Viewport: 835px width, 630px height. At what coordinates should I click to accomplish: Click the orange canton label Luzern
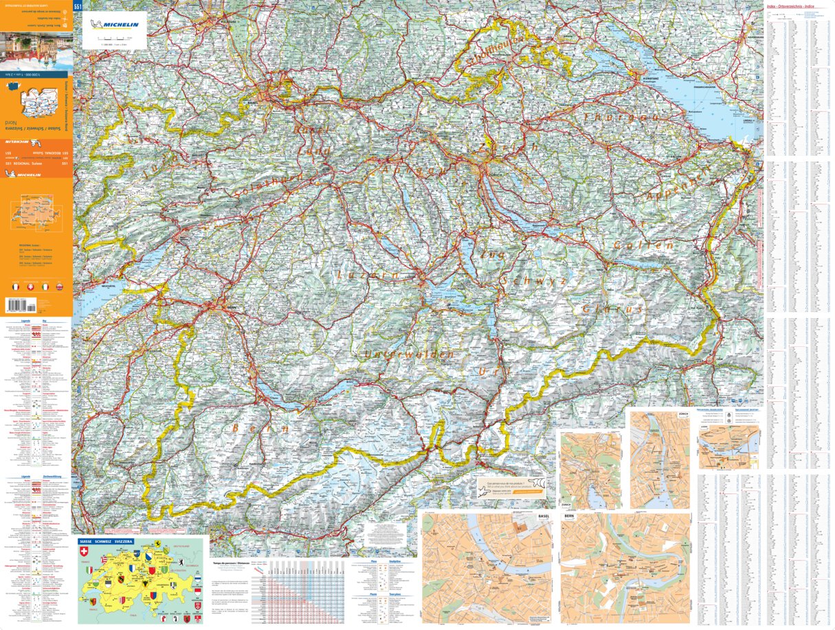(368, 275)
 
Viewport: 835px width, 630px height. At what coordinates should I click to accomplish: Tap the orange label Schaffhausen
(495, 50)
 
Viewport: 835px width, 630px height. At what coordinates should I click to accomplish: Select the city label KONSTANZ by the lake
(651, 78)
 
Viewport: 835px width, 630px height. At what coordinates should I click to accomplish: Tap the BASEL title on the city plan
(544, 515)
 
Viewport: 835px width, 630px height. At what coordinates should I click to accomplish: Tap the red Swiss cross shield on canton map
(85, 552)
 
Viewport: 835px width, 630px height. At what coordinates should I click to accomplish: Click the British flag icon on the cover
(58, 286)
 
